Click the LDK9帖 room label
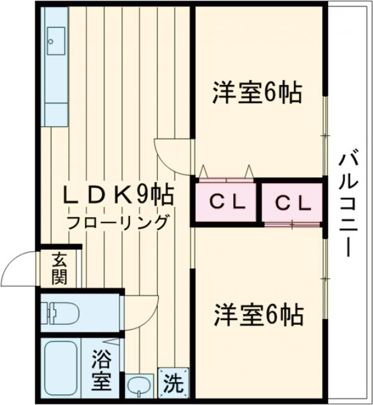coord(118,196)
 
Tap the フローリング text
coord(118,222)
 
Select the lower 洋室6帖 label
coord(258,315)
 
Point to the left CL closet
coord(226,202)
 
